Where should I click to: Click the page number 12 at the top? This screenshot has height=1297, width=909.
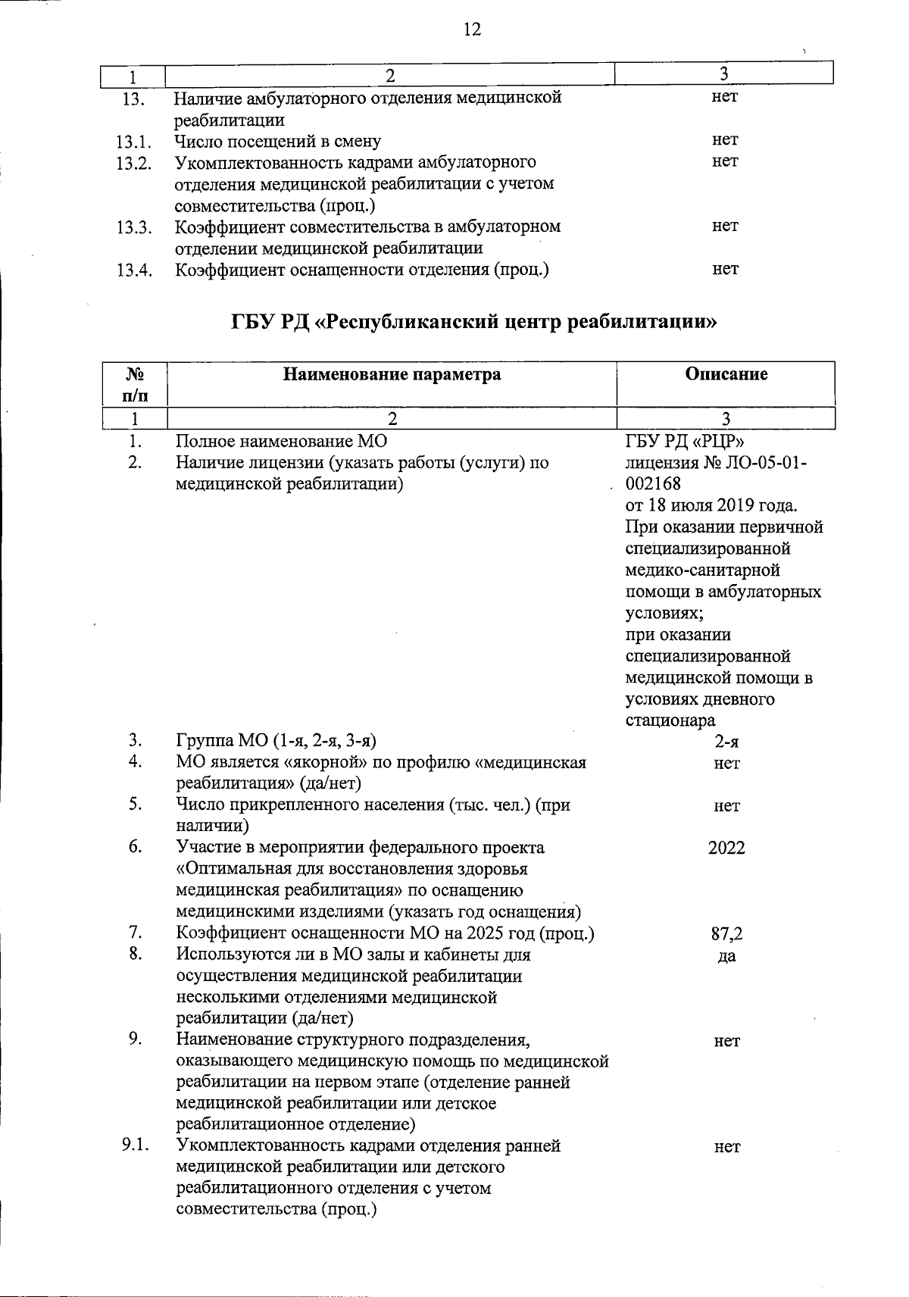coord(471,30)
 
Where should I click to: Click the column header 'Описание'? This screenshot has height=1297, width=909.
coord(726,373)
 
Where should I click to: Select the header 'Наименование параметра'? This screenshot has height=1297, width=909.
coord(392,373)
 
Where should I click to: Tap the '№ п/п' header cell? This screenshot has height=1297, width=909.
coord(134,383)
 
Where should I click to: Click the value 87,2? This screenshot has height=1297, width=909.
coord(726,935)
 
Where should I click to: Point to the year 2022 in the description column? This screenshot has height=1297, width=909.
coord(726,848)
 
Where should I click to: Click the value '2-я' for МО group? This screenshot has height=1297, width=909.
coord(726,742)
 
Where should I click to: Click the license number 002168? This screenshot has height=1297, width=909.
coord(654,483)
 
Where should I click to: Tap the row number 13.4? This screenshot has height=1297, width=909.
coord(135,270)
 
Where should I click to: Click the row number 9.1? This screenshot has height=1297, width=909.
coord(135,1145)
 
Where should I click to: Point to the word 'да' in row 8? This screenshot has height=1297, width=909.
coord(726,956)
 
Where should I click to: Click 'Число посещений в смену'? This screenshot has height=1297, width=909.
coord(278,141)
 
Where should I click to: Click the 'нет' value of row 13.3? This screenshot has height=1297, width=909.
coord(725,226)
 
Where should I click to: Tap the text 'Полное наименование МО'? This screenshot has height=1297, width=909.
coord(282,441)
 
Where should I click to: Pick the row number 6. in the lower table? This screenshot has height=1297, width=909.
coord(135,847)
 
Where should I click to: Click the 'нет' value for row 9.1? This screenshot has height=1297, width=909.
coord(726,1147)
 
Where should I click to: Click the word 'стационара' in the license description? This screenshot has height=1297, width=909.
coord(670,720)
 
